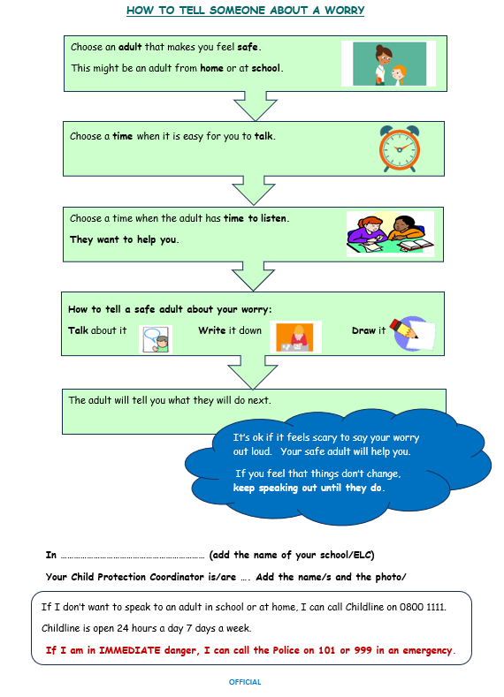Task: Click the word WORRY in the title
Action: (x=344, y=11)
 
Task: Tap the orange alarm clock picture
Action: (x=400, y=148)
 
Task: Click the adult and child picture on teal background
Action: (x=389, y=64)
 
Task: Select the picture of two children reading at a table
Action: (x=390, y=234)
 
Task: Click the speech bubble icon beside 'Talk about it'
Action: (x=156, y=339)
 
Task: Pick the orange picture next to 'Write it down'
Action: (x=295, y=337)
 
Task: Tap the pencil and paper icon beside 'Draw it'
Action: (x=412, y=334)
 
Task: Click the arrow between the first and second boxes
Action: (x=256, y=106)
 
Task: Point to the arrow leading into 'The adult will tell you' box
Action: (x=253, y=372)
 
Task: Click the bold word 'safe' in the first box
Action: (x=248, y=47)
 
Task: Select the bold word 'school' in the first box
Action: (x=265, y=68)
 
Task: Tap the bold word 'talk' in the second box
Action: (x=263, y=136)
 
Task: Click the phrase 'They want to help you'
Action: (x=124, y=239)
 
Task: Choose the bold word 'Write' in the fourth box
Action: (x=211, y=330)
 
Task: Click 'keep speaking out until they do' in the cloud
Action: (x=309, y=488)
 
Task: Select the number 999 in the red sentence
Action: (x=363, y=650)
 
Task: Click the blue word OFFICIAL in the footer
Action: (x=245, y=682)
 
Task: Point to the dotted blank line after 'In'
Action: (x=133, y=557)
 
